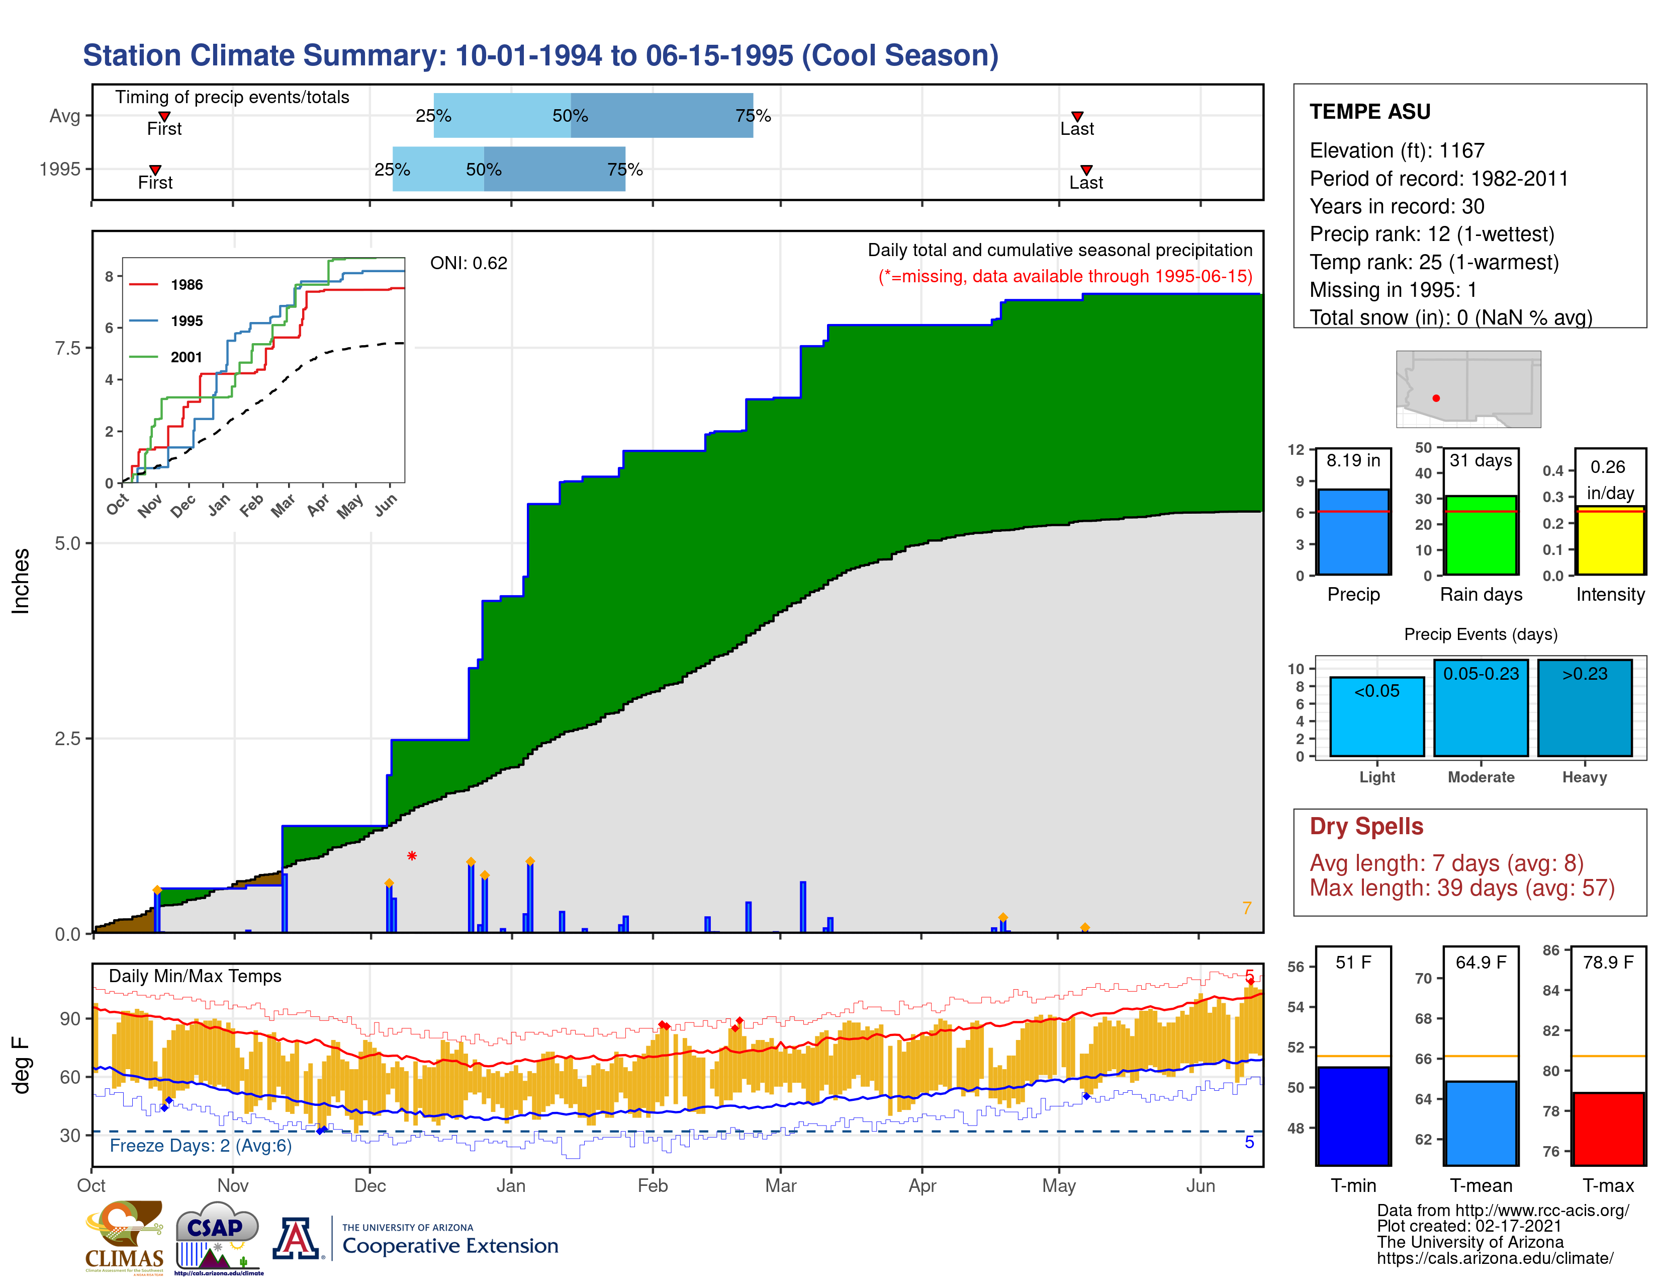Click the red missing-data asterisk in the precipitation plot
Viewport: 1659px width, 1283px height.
pos(412,856)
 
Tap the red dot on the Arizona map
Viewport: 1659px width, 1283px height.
pos(1436,398)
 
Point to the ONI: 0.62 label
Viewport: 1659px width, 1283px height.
pos(468,263)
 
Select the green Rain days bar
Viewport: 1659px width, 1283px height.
pos(1481,535)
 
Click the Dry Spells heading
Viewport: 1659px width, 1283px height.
pos(1366,826)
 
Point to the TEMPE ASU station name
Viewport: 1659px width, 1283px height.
pos(1369,112)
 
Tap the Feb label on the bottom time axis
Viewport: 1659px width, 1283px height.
pos(652,1186)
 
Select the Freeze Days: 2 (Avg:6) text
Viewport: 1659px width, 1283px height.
pos(201,1146)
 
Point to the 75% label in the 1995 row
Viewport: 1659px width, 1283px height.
pos(624,170)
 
